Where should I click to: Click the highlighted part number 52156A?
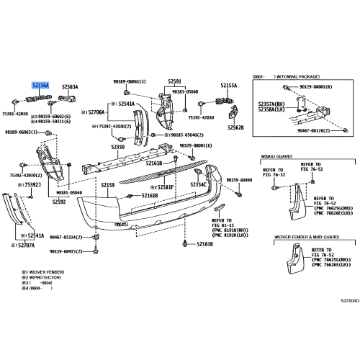(x=39, y=85)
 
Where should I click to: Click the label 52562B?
(x=235, y=127)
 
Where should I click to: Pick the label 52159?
(x=108, y=185)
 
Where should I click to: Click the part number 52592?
(x=60, y=202)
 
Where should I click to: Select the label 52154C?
(x=199, y=185)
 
